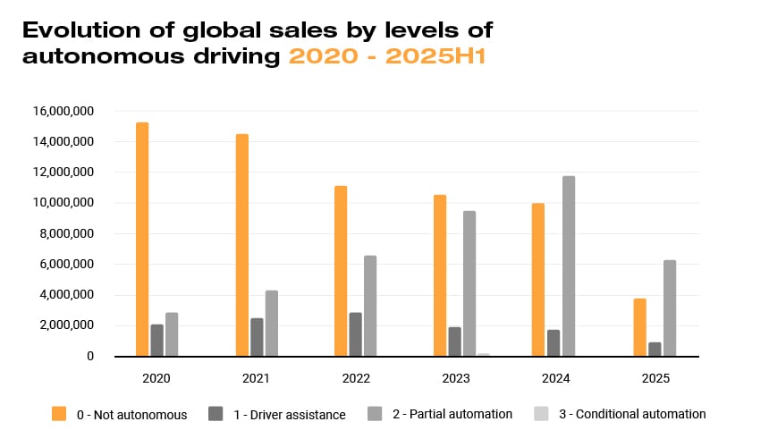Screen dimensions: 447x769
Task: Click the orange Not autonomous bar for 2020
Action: coord(142,240)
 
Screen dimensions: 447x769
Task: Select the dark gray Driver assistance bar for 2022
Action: coord(355,334)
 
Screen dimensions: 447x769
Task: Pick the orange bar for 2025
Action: coord(639,327)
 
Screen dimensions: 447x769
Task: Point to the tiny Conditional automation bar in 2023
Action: coord(484,355)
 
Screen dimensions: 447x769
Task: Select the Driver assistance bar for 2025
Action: coord(654,350)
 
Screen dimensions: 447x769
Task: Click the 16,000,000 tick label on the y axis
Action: coord(64,111)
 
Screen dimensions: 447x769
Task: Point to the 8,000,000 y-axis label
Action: coord(68,233)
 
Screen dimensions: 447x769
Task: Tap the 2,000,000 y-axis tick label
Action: coord(68,325)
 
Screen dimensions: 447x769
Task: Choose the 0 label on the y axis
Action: coord(90,356)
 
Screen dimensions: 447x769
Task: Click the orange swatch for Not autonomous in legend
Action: coord(59,413)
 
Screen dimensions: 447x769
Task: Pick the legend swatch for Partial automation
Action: coord(376,413)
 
